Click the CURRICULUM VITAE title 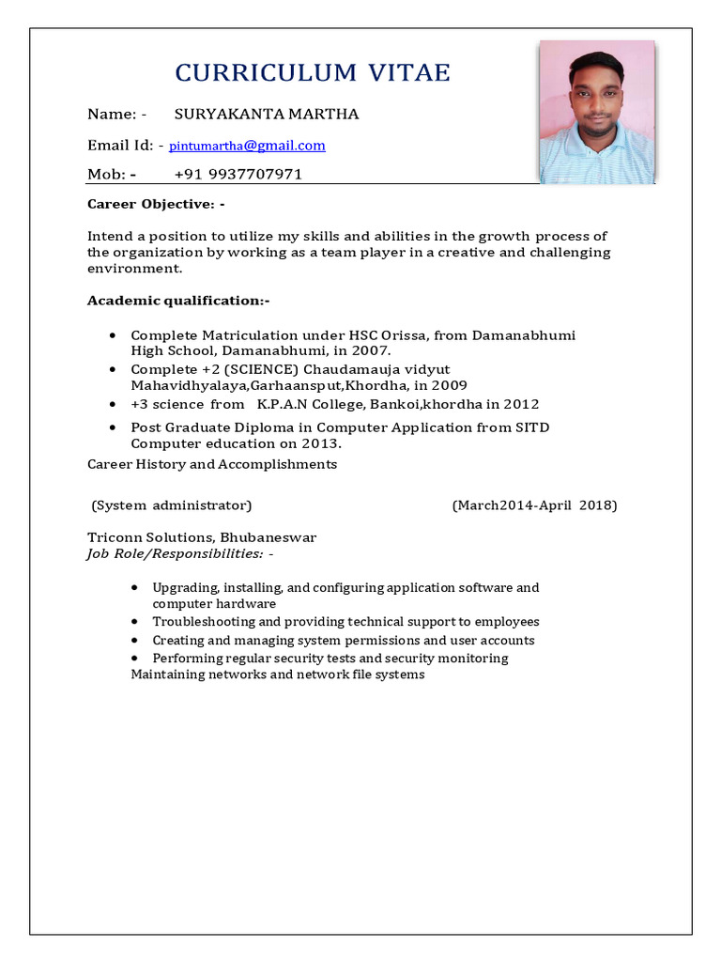[314, 73]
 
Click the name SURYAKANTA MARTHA [267, 115]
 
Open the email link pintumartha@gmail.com [247, 146]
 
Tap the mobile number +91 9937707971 [238, 175]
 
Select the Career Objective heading [156, 204]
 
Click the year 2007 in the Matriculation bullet [369, 350]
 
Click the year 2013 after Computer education [320, 443]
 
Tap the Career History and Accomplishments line [212, 464]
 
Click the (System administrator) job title [172, 505]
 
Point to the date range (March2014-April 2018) [534, 505]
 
